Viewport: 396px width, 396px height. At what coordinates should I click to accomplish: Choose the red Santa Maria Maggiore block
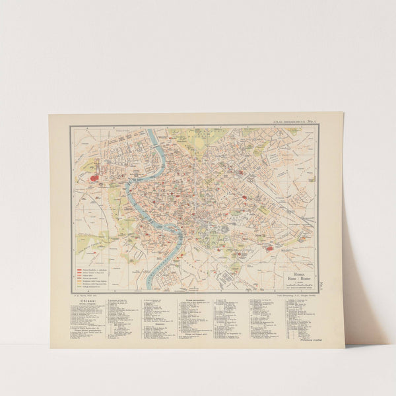pyautogui.click(x=244, y=197)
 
